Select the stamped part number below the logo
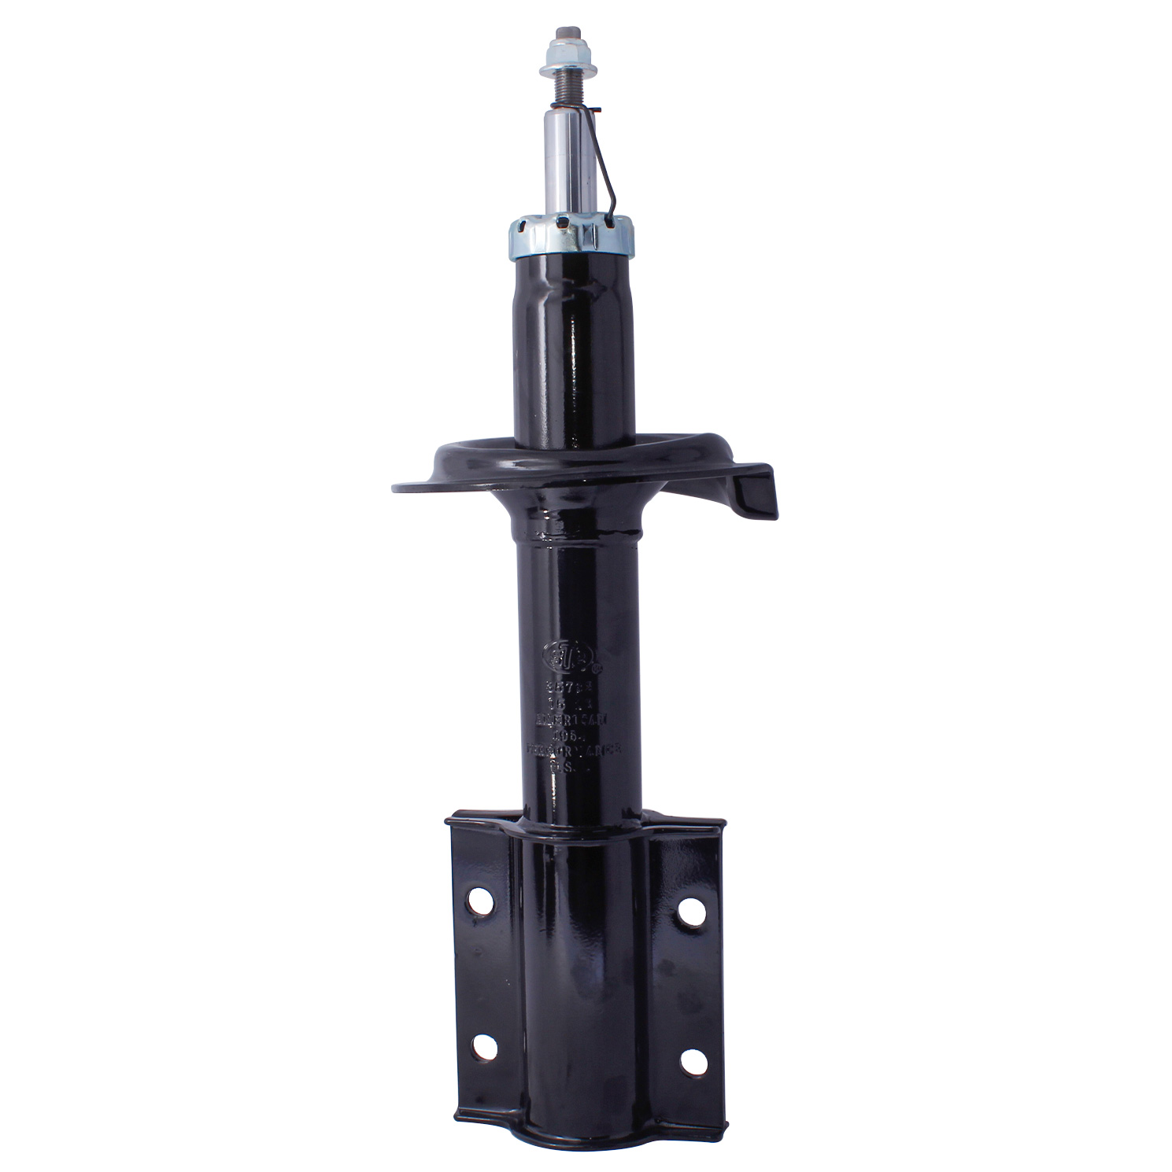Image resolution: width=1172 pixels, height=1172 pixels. click(575, 686)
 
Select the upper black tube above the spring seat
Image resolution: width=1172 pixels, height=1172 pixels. click(574, 346)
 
